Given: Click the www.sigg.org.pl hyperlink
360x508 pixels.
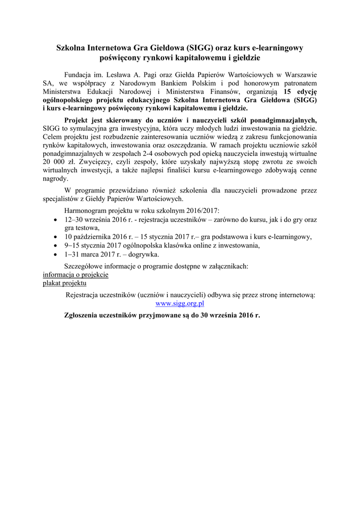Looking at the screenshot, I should pos(180,303).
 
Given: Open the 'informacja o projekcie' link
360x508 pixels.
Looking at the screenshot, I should pos(75,274).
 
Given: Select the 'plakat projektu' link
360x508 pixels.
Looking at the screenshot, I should pos(65,283).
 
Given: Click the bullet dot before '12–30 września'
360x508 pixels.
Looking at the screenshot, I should pos(55,219).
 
